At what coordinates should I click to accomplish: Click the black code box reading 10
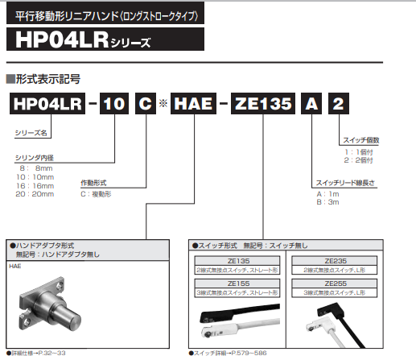114,103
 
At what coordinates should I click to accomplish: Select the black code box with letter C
146,103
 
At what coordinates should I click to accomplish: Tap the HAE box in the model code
193,103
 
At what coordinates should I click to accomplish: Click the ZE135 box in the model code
263,103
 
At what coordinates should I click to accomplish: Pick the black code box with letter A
311,103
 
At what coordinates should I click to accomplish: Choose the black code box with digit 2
339,103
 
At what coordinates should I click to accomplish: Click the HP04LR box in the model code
47,103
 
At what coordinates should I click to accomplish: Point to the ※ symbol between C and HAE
163,103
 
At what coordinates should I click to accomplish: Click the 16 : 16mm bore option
35,186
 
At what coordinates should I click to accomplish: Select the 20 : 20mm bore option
35,194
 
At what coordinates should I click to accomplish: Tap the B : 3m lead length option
327,202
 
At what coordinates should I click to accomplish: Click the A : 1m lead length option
327,194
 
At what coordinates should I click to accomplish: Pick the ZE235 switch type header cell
335,261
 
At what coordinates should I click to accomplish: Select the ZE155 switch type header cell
237,283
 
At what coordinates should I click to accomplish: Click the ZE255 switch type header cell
335,283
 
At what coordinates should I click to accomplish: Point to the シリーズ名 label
31,133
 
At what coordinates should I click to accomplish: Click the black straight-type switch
239,312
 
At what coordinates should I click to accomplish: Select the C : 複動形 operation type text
96,194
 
